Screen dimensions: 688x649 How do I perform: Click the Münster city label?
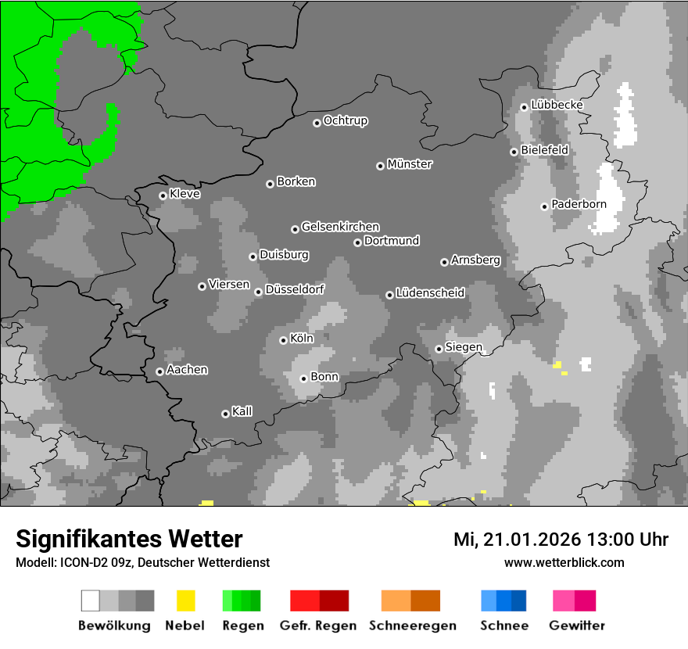[x=410, y=164]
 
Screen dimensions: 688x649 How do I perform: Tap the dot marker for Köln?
[x=283, y=340]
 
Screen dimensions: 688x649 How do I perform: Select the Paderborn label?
[x=579, y=204]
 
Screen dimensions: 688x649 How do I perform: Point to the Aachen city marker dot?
[x=159, y=371]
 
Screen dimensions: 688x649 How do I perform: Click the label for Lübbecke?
[x=557, y=105]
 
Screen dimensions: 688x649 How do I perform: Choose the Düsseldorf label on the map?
[x=295, y=289]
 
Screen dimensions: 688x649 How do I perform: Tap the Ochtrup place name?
[x=346, y=120]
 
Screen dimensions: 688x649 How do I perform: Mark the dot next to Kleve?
[x=163, y=195]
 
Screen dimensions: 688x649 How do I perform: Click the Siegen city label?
[x=464, y=347]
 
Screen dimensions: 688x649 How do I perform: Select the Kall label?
[x=242, y=411]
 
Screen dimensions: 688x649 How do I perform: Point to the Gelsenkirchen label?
[x=340, y=227]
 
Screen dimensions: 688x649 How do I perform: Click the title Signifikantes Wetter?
[x=129, y=539]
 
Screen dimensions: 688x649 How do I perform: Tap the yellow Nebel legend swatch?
[x=186, y=601]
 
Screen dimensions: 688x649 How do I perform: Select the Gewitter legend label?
[x=577, y=626]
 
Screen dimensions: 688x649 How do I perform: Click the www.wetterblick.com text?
[x=564, y=562]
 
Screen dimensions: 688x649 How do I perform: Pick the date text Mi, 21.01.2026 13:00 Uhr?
[x=561, y=540]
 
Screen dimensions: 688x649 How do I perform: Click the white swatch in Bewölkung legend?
[x=91, y=601]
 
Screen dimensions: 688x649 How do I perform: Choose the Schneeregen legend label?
[x=413, y=626]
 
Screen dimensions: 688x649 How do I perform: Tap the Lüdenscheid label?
[x=430, y=293]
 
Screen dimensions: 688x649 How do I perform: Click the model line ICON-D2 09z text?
[x=142, y=562]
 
